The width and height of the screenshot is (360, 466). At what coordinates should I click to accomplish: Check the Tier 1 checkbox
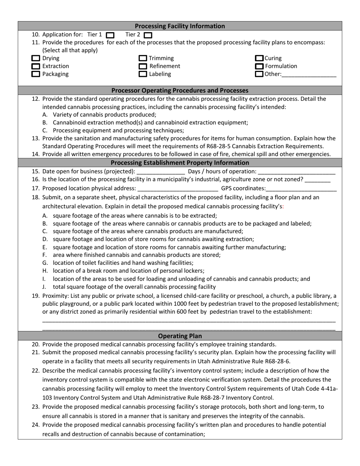click(110, 35)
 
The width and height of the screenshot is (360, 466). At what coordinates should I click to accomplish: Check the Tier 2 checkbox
click(148, 35)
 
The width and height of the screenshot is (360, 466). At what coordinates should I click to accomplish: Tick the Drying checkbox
click(36, 59)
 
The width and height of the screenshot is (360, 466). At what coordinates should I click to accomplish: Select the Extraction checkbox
click(36, 67)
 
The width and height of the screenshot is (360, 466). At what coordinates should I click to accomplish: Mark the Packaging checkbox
click(36, 75)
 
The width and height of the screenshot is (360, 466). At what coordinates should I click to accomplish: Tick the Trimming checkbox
click(143, 59)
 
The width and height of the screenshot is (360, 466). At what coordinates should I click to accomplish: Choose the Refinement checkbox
click(143, 67)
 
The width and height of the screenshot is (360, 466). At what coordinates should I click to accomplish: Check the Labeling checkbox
click(143, 75)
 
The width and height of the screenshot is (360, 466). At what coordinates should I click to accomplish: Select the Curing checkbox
click(259, 59)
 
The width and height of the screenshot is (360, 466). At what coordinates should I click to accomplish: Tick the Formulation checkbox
click(259, 67)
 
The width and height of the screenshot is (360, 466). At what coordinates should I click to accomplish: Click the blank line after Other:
click(309, 75)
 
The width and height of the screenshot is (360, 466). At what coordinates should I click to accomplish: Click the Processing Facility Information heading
click(180, 26)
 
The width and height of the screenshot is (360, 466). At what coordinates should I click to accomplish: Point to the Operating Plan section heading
click(180, 336)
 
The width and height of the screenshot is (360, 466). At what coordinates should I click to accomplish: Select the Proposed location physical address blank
click(178, 188)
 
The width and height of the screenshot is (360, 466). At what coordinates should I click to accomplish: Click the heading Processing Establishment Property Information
click(180, 163)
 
